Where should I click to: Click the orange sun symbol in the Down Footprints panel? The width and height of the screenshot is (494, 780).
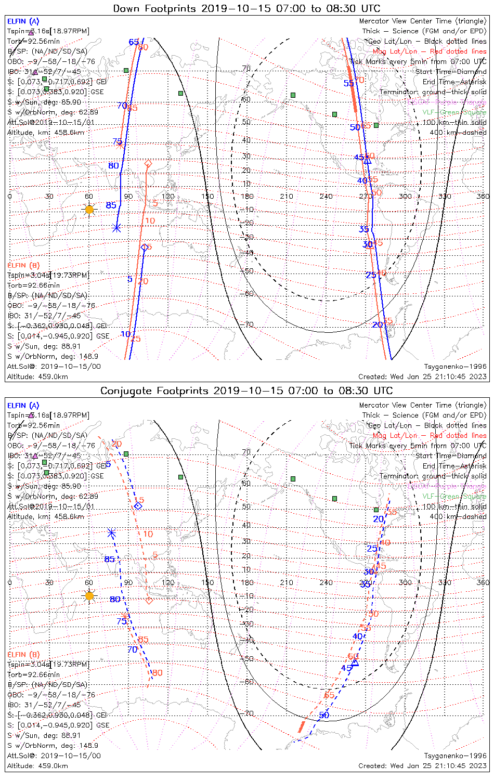coord(89,210)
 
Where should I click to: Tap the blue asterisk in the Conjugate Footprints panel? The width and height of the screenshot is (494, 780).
coord(111,532)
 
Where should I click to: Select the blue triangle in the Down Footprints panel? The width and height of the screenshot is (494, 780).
coord(368,160)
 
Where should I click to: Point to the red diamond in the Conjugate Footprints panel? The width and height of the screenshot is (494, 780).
coord(149,601)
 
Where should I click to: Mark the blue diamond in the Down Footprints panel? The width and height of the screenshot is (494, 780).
coord(145,247)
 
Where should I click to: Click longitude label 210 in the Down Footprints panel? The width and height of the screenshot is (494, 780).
coord(287,196)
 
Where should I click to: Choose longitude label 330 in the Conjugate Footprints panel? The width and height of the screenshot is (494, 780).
coord(445,582)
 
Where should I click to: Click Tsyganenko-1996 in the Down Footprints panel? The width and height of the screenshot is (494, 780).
coord(455,367)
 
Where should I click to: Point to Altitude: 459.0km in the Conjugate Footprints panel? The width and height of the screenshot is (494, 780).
coord(37,765)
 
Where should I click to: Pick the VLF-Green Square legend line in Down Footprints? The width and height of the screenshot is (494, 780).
coord(454,112)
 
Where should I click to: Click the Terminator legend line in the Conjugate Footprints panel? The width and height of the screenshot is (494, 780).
coord(433,476)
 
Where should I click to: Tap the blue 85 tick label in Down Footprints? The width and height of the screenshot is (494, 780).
coord(111,205)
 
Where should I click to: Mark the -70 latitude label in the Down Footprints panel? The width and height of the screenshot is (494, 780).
coord(248,324)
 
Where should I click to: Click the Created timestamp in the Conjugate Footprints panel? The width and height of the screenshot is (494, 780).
coord(422,765)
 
